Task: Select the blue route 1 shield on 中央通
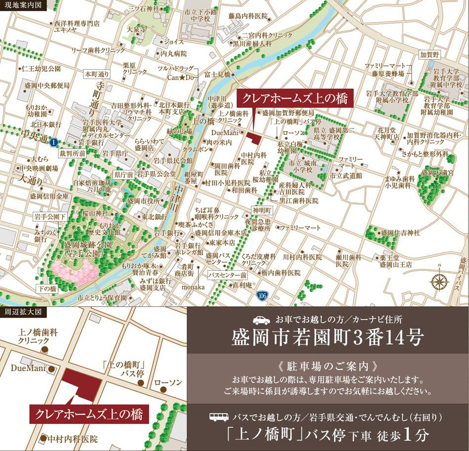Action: click(53, 142)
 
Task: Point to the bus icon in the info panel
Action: click(219, 417)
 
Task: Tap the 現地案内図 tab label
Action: click(23, 6)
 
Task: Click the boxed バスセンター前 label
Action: click(227, 275)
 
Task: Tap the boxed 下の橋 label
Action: click(47, 287)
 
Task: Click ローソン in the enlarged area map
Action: click(168, 382)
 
